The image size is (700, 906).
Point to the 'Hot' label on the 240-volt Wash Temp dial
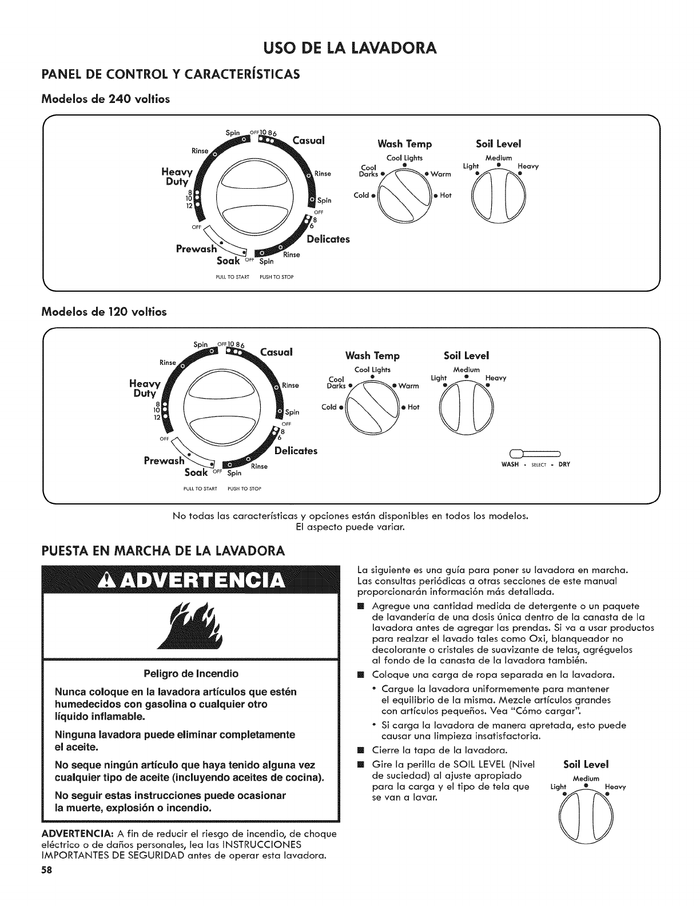click(x=446, y=196)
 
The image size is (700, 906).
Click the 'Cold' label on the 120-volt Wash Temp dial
click(x=329, y=407)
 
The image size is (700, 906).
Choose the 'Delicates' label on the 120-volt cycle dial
click(x=296, y=451)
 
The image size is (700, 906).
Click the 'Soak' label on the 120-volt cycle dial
click(x=197, y=472)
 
